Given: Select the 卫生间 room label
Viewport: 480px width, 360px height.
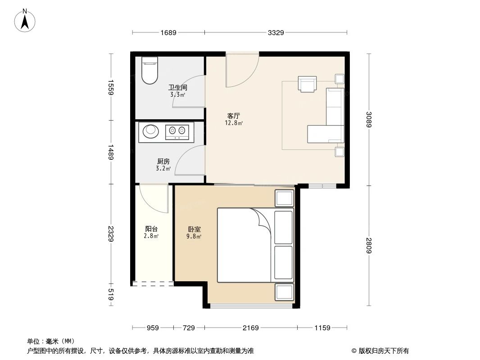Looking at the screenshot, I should click(x=177, y=88).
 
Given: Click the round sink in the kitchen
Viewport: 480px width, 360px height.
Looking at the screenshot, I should click(x=151, y=130).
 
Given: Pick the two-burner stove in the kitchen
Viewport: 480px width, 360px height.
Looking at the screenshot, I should click(x=176, y=130).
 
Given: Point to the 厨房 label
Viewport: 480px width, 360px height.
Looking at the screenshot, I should click(x=163, y=161).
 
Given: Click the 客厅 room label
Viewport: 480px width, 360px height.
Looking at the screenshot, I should click(x=233, y=116).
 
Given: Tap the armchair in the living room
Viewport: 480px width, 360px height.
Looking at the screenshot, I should click(x=308, y=84).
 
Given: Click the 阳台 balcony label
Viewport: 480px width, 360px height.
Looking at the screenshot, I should click(x=151, y=229).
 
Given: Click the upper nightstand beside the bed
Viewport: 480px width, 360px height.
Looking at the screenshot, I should click(x=284, y=198).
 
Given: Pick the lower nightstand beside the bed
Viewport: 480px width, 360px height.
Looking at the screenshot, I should click(x=284, y=292).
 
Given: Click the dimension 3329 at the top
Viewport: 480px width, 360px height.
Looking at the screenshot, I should click(x=276, y=32).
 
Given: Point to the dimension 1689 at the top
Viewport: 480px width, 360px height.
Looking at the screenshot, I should click(x=168, y=32).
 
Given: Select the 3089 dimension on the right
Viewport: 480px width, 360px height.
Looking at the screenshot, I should click(x=369, y=119).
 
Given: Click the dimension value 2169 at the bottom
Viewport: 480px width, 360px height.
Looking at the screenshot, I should click(x=250, y=328).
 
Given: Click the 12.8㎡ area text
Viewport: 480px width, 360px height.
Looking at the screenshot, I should click(x=234, y=123).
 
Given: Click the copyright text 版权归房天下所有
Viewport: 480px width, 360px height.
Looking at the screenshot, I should click(x=383, y=351).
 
